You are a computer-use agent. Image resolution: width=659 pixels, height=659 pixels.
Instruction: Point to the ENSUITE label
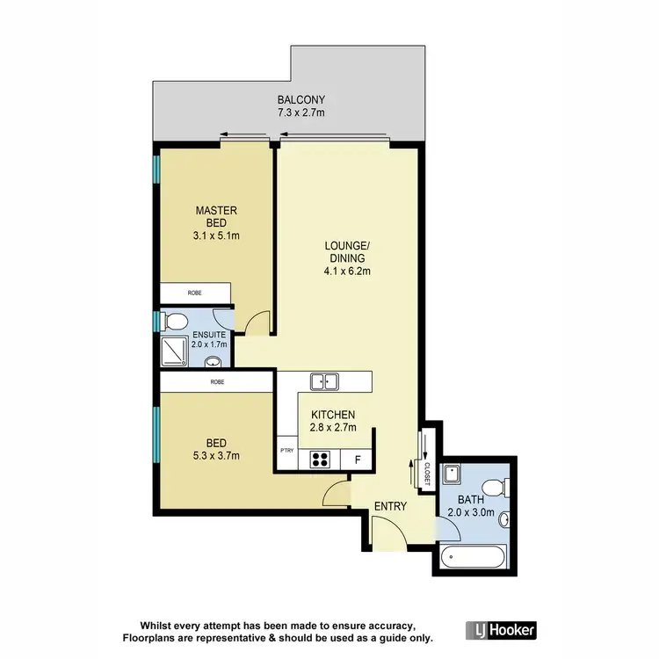click(x=210, y=335)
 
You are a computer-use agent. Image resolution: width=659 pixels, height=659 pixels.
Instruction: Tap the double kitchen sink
click(x=324, y=381)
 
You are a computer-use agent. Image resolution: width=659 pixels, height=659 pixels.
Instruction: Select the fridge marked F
click(x=357, y=458)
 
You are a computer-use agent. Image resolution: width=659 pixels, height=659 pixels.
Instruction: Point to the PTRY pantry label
click(x=286, y=450)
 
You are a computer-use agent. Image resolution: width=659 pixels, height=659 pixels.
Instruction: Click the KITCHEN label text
click(x=332, y=414)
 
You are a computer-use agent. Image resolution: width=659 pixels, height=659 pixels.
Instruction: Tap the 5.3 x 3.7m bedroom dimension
click(x=217, y=455)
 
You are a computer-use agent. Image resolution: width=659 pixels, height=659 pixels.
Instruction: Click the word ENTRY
click(x=390, y=506)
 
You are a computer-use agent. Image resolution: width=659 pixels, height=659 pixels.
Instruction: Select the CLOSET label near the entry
click(x=426, y=472)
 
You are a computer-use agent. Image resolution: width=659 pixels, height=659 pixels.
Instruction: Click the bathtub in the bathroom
click(x=473, y=556)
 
